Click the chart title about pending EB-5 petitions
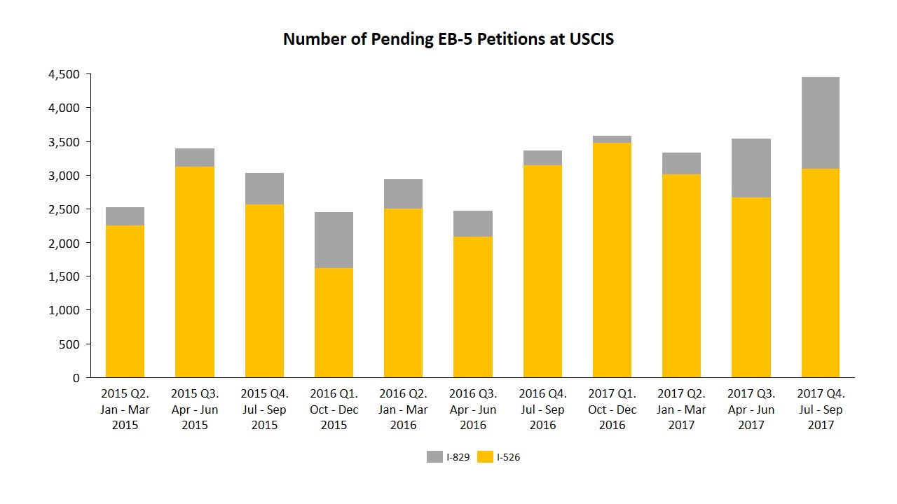448,39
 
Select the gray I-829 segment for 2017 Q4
820,122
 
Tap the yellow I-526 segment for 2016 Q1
334,322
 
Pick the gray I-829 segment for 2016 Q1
334,239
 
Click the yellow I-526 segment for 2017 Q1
612,259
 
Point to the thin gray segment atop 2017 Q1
612,139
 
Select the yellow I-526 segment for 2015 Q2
125,301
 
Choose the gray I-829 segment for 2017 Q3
751,168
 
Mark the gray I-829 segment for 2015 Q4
264,188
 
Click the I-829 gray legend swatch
434,457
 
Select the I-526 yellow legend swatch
485,457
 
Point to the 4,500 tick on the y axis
64,74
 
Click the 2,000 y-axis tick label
64,243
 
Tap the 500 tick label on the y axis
71,344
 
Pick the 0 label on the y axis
76,378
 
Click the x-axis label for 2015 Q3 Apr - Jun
195,409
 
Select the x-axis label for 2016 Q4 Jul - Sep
542,409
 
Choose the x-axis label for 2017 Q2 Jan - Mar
681,409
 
